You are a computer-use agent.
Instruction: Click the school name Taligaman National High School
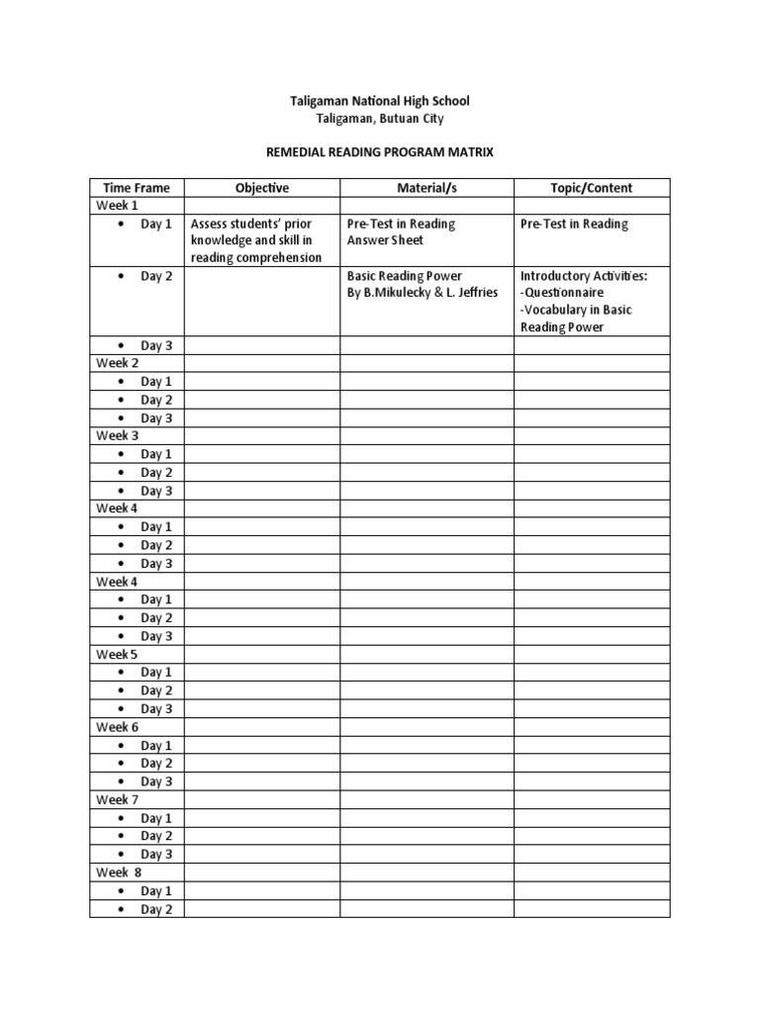(x=379, y=101)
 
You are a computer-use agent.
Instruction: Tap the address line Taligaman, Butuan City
(x=379, y=119)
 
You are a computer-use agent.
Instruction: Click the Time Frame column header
(x=137, y=188)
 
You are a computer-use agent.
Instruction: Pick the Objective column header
(x=262, y=188)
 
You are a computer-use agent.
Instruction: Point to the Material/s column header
(x=427, y=188)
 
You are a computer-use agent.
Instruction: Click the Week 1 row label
(x=117, y=206)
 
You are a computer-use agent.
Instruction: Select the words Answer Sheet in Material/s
(x=385, y=240)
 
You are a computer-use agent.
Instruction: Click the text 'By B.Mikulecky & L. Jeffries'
(x=423, y=293)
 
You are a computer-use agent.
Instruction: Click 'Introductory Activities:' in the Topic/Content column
(x=584, y=276)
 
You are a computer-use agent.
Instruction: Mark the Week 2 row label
(x=117, y=363)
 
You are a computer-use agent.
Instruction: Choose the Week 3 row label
(x=117, y=435)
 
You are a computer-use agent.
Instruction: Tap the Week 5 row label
(x=117, y=654)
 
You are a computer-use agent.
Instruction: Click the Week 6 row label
(x=117, y=726)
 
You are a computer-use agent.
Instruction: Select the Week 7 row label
(x=117, y=799)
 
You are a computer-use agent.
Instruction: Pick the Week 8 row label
(x=119, y=873)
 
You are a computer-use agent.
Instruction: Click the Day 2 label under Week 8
(x=156, y=909)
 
